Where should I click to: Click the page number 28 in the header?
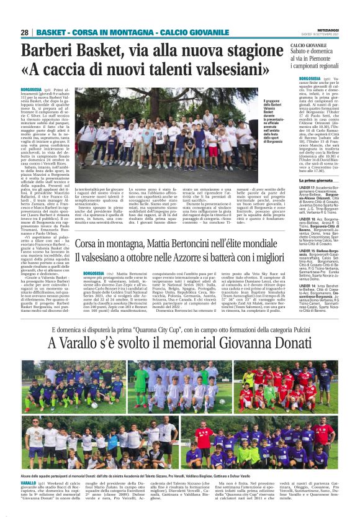click(x=25, y=32)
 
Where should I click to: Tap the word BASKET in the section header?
click(x=50, y=32)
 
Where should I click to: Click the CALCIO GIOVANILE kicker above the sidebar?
click(x=309, y=46)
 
